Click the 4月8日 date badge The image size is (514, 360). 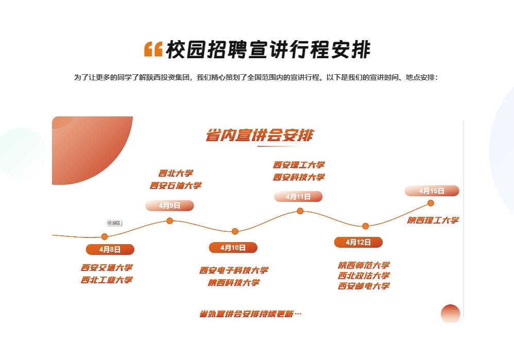[110, 250]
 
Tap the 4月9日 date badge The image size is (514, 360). [169, 205]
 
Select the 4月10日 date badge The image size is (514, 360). [233, 248]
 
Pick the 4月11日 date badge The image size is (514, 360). [298, 196]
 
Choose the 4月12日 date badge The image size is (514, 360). [358, 242]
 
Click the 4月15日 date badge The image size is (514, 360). [432, 191]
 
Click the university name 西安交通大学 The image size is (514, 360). [107, 267]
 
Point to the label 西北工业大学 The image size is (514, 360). [107, 280]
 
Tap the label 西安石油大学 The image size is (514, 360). [176, 185]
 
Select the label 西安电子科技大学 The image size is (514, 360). [234, 270]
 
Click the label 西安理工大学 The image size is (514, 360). [299, 165]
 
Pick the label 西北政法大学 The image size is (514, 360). [364, 276]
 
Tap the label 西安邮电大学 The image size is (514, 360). [364, 286]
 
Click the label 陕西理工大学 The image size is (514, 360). [433, 220]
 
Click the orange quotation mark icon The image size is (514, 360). [153, 49]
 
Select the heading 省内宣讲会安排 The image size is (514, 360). [259, 135]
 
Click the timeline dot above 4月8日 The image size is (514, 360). [105, 236]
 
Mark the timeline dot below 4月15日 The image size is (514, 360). [431, 203]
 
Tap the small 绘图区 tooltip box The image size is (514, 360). [114, 222]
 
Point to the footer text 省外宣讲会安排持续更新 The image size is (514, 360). [250, 314]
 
